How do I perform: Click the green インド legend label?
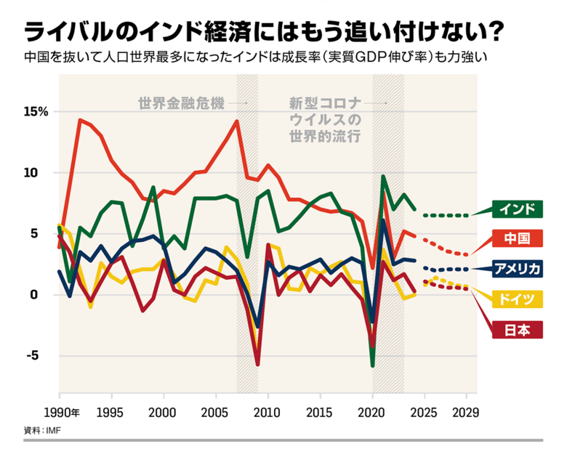[518, 209]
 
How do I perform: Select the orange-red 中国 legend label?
[518, 238]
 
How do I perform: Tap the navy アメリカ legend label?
[518, 269]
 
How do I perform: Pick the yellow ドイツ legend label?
[518, 299]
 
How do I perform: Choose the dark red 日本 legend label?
[518, 329]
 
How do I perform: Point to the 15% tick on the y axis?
[35, 112]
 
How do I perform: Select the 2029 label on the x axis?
[466, 413]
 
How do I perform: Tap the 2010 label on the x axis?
[268, 413]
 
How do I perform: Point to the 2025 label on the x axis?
[425, 413]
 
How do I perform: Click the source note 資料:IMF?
[44, 430]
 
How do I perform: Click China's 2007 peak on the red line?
[237, 121]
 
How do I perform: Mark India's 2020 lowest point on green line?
[373, 365]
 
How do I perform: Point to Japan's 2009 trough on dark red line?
[257, 364]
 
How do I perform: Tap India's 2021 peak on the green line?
[383, 177]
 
